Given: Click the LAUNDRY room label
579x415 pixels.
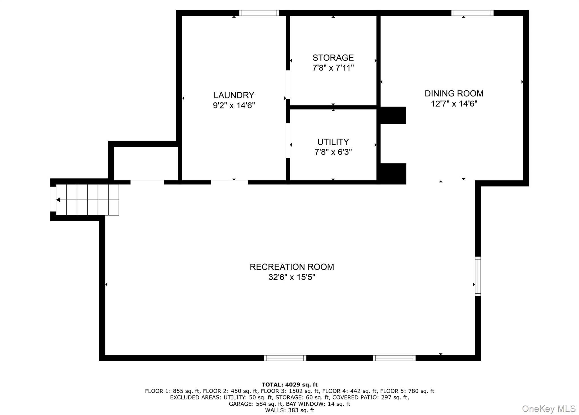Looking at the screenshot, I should pos(234,95).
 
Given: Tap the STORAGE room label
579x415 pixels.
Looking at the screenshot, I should pos(333,58).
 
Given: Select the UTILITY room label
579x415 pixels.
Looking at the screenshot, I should pos(333,142).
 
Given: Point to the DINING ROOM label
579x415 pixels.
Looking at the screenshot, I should pos(454,93).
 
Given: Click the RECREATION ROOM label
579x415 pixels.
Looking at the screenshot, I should pos(292,267).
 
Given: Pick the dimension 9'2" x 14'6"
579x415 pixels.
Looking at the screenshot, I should pos(234,105).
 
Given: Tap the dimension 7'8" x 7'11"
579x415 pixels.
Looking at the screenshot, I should pos(333,68).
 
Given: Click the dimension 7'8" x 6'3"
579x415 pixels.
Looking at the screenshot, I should pos(333,152).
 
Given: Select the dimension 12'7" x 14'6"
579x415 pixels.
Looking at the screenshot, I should pos(454,104).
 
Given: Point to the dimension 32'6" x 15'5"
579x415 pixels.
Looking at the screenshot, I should pos(292,277).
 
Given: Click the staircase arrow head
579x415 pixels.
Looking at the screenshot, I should pos(58,200).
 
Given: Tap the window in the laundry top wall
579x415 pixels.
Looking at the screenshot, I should pos(259,13).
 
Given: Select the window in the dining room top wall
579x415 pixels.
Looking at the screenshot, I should pos(472,13).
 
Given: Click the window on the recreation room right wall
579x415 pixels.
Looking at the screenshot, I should pos(478,276).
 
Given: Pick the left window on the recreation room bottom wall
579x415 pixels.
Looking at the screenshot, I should pos(285,358).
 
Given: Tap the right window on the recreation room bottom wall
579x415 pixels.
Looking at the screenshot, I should pos(394,358).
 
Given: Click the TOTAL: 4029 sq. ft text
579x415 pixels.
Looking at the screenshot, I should pos(289,384).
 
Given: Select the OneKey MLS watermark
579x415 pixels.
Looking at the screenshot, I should pos(548,408).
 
